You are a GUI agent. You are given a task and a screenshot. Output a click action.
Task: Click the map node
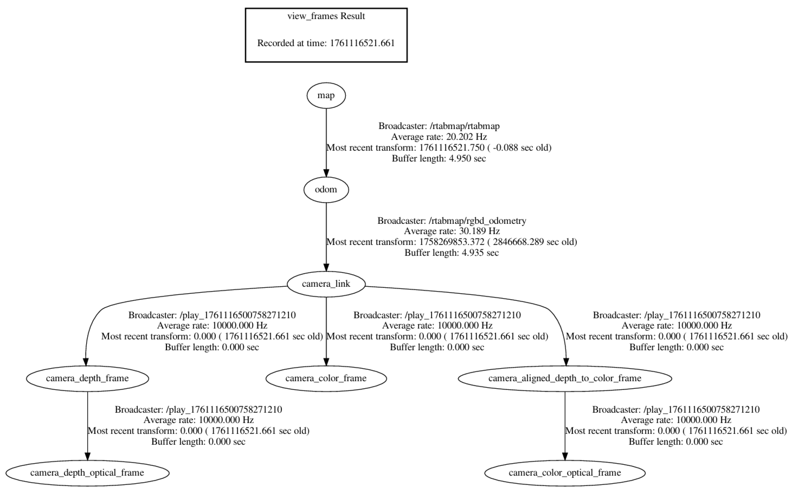326,95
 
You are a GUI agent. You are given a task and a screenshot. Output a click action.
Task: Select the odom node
326,190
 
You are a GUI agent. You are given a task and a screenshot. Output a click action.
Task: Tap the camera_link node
326,284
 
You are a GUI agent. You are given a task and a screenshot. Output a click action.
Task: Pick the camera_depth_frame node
87,378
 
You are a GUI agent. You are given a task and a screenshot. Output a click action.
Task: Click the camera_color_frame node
326,378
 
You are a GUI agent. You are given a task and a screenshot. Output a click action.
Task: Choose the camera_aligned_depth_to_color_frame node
565,378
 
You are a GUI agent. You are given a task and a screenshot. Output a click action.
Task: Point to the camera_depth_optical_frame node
87,473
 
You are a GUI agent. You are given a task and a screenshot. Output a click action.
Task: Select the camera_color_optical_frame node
565,473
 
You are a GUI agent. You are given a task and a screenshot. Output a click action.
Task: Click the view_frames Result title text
326,16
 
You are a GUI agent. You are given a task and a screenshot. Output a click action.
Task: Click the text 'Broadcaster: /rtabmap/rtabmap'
439,126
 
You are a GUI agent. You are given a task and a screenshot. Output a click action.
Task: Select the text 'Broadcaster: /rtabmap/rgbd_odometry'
452,221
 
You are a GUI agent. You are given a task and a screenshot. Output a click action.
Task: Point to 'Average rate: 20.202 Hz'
439,137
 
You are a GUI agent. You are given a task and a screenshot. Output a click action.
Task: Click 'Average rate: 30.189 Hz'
452,231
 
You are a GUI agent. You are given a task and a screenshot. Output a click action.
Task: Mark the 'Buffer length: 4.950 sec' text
439,159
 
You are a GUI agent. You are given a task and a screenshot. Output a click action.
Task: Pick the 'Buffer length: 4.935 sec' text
452,253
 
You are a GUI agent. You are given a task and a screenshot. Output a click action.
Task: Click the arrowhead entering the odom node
326,173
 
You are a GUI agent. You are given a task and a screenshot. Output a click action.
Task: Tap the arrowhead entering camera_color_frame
326,362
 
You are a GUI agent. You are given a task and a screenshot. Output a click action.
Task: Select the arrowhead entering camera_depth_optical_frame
87,456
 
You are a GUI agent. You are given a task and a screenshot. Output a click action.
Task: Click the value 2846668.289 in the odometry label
518,242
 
